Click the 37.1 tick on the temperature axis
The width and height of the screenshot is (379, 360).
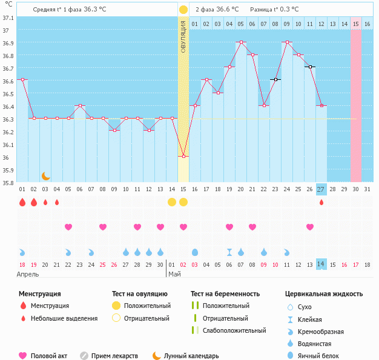8,18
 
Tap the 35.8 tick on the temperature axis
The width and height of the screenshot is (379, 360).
8,183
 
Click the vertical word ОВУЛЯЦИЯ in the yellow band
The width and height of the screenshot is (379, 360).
183,36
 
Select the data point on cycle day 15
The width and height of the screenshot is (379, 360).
183,157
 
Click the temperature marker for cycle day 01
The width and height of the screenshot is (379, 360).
22,80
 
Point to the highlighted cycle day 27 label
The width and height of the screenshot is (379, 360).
321,189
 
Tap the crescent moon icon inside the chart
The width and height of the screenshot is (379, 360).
46,175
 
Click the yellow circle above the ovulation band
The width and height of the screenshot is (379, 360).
183,10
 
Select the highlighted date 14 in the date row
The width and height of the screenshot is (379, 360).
321,264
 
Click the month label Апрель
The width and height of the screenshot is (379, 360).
27,274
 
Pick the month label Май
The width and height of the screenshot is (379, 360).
174,274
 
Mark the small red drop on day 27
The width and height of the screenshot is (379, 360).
321,202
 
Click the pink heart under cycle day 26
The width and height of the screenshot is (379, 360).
309,227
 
